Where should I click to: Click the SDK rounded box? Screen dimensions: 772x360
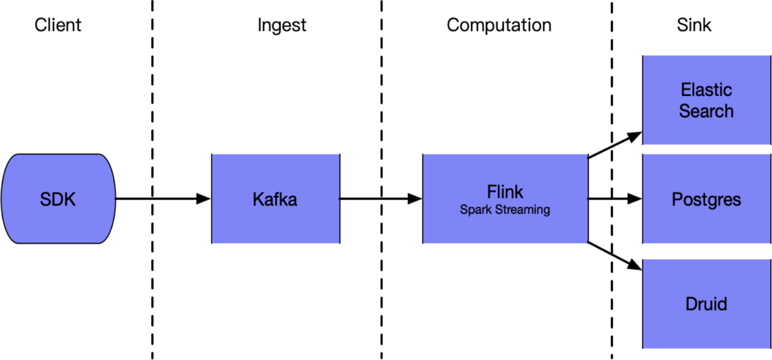click(x=59, y=199)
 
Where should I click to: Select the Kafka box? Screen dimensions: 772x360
click(x=276, y=199)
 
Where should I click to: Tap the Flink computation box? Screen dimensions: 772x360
click(x=505, y=199)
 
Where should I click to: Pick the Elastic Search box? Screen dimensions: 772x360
click(x=706, y=100)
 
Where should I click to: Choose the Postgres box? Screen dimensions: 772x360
click(x=706, y=199)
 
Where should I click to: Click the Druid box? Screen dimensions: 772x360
click(x=706, y=304)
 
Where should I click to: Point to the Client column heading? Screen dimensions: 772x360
click(x=58, y=25)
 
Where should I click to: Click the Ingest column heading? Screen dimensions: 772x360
click(x=282, y=25)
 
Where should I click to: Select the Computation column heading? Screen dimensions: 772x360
click(x=499, y=25)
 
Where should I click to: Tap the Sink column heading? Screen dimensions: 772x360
click(x=694, y=25)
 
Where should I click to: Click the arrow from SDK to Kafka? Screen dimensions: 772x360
click(x=163, y=199)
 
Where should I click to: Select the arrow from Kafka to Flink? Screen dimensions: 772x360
click(x=381, y=199)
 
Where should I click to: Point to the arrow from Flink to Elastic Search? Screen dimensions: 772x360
click(x=615, y=145)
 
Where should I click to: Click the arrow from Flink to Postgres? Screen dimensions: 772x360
click(x=615, y=199)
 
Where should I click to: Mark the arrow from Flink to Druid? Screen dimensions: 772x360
click(x=615, y=256)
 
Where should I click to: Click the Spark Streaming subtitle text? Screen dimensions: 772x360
click(x=505, y=210)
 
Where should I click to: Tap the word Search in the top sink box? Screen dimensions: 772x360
click(x=706, y=111)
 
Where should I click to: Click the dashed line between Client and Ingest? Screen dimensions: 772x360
click(x=153, y=180)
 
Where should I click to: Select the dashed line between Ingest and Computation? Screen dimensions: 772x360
click(x=382, y=180)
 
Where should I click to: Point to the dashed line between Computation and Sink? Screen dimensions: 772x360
click(x=612, y=180)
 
